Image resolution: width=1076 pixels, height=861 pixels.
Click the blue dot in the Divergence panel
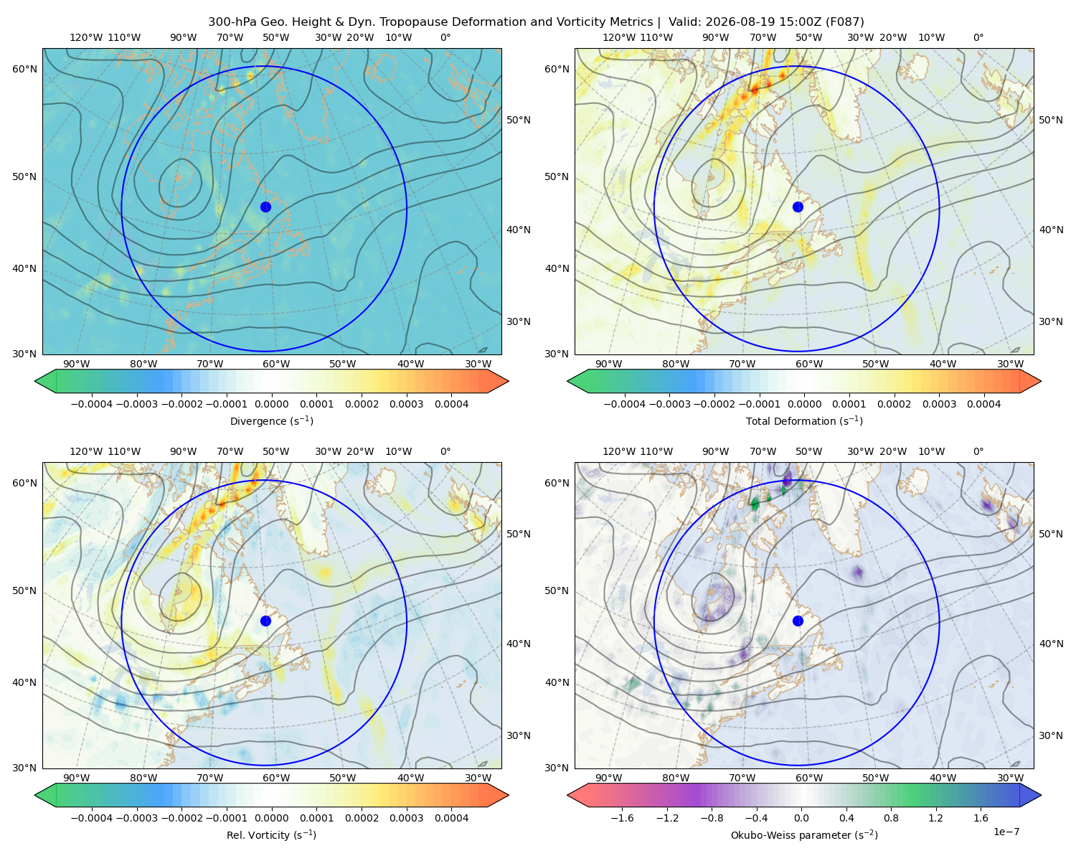point(265,207)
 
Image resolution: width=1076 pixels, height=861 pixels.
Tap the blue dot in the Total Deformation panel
point(798,207)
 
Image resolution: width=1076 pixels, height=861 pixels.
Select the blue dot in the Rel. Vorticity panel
point(265,621)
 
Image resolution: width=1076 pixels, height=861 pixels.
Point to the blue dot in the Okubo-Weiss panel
point(798,621)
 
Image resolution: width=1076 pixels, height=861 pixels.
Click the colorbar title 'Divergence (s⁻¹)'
point(271,420)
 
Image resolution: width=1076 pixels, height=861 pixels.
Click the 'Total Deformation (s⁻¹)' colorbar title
point(804,420)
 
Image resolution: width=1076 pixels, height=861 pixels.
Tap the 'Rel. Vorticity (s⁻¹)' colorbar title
point(271,834)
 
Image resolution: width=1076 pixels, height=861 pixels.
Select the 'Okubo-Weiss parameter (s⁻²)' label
point(804,834)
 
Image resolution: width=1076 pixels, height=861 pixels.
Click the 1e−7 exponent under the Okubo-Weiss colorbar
point(1006,832)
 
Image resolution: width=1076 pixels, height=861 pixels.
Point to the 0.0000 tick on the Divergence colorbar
point(271,404)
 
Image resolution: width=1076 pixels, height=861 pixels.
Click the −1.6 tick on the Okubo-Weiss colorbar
point(622,818)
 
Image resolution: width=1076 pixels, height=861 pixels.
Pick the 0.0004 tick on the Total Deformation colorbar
point(983,404)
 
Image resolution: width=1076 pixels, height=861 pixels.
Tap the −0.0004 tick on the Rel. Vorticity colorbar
point(92,818)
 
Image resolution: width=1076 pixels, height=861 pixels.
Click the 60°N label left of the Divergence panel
point(24,69)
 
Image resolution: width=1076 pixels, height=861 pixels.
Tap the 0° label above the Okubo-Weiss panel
point(978,451)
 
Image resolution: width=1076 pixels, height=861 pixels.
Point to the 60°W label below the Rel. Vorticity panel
point(276,778)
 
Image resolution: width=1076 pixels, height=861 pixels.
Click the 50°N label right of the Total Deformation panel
point(1051,120)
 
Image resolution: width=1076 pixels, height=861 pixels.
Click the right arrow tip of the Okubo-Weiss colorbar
point(1041,795)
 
